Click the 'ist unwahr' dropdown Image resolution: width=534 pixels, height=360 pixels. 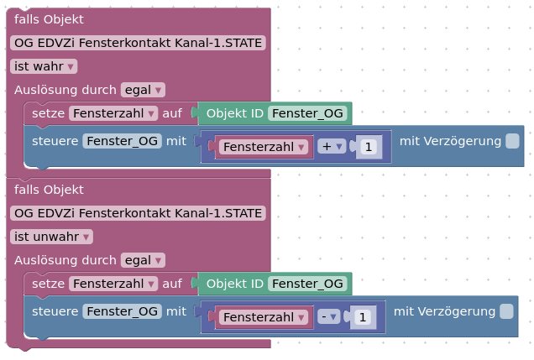tap(51, 237)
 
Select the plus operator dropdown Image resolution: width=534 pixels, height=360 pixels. tap(333, 147)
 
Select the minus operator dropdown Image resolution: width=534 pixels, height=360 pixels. tap(327, 317)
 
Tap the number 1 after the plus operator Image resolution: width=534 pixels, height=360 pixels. tap(368, 147)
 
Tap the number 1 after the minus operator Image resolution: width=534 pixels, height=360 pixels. tap(362, 317)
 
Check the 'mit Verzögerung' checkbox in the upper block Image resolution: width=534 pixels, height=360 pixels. tap(512, 141)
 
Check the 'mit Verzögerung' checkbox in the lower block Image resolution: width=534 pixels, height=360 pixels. tap(506, 311)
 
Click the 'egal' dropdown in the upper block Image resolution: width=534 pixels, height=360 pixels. tap(143, 90)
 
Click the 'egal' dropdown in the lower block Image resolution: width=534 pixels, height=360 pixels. tap(143, 260)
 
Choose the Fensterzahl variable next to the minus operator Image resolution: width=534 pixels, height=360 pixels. tap(262, 317)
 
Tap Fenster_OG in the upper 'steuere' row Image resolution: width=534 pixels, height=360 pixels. tap(123, 141)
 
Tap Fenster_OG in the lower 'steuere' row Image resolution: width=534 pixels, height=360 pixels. tap(123, 311)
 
